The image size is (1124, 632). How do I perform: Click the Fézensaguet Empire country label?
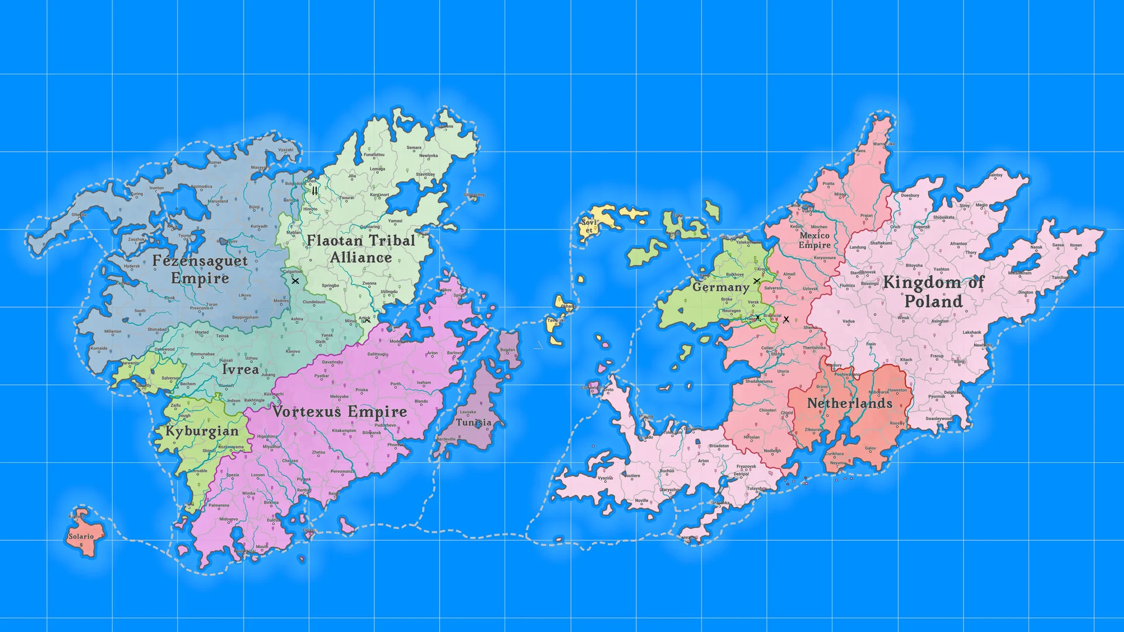click(x=200, y=269)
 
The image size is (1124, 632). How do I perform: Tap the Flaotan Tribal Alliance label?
click(x=361, y=249)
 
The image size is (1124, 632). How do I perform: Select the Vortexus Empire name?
click(x=340, y=412)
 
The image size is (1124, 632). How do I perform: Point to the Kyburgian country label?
click(x=202, y=432)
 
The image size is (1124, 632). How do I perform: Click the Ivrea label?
click(x=240, y=369)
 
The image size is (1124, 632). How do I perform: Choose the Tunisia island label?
click(x=474, y=423)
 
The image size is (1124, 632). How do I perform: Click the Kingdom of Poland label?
click(x=933, y=291)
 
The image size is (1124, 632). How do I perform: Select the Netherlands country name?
click(x=849, y=403)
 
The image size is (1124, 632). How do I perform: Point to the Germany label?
click(x=721, y=287)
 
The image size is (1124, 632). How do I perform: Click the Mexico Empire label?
click(x=814, y=240)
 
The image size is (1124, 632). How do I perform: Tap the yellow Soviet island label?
click(x=588, y=226)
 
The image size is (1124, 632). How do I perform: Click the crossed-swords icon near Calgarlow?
click(x=295, y=281)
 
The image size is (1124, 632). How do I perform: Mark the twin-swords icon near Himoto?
click(x=315, y=191)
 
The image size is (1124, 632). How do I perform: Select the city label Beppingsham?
click(x=245, y=317)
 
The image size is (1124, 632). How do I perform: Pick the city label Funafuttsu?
click(x=374, y=155)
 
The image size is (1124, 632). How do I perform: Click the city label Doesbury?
click(x=910, y=195)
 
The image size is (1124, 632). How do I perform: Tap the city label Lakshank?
click(x=972, y=332)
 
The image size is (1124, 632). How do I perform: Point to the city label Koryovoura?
click(x=824, y=257)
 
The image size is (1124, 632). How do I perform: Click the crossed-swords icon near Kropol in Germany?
click(x=756, y=281)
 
